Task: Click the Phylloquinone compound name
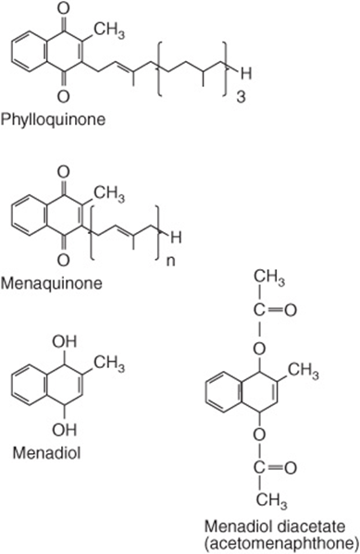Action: tap(54, 119)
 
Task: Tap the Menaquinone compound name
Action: tap(52, 283)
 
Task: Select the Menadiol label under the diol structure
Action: tap(46, 452)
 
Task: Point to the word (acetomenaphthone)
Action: tap(281, 543)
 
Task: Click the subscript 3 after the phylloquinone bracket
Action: tap(241, 97)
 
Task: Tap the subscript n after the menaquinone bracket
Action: tap(171, 262)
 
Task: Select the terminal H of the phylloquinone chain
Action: tap(246, 74)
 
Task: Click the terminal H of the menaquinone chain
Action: tap(176, 238)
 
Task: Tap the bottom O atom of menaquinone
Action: tap(63, 260)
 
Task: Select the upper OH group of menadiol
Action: tap(65, 341)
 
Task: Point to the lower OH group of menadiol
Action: tap(65, 430)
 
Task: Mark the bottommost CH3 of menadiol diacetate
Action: tap(271, 501)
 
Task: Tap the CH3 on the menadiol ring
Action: tap(109, 363)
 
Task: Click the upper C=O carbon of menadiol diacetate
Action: tap(259, 311)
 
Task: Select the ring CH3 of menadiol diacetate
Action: tap(303, 371)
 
